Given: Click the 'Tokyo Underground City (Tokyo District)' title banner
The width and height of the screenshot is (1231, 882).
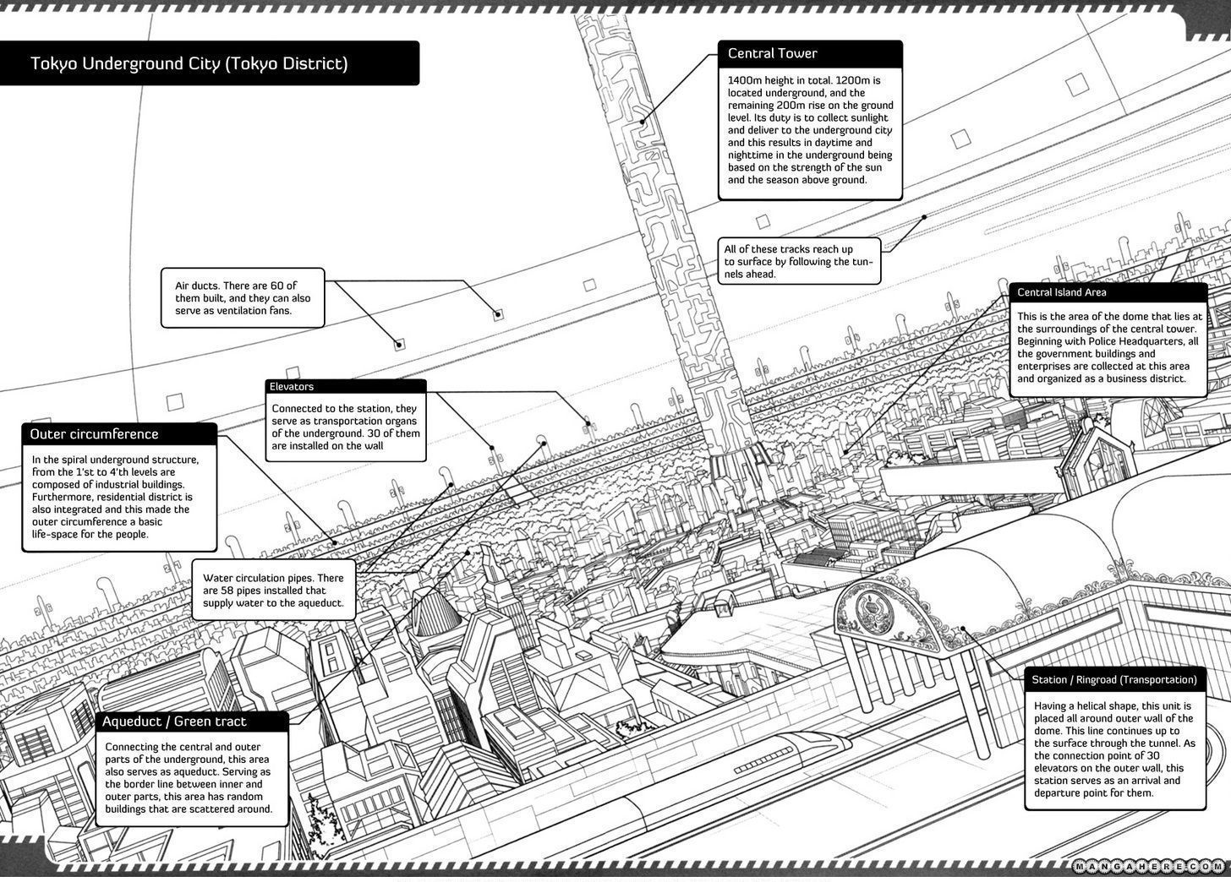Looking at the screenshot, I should (189, 64).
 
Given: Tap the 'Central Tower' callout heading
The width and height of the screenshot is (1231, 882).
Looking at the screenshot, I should (773, 53).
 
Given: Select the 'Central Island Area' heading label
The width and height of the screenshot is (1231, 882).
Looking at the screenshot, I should (1061, 292).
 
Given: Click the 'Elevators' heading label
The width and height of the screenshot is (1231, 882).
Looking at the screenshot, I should (292, 386).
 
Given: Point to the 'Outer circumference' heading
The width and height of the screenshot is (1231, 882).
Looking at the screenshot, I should (94, 434).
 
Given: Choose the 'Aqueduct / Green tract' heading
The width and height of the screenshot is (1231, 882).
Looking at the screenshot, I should (174, 721).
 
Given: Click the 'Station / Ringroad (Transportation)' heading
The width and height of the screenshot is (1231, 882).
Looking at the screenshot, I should (1113, 679).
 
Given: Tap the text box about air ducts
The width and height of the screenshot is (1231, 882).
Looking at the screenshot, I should (243, 298).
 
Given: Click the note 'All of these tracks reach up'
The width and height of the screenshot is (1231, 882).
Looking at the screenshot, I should (798, 261).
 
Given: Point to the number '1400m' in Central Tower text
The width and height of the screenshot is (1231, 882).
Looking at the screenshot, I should (744, 81).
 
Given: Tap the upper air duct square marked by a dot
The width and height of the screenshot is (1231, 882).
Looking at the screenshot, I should (498, 314).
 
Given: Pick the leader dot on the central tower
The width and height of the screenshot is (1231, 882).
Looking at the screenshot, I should (643, 121).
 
